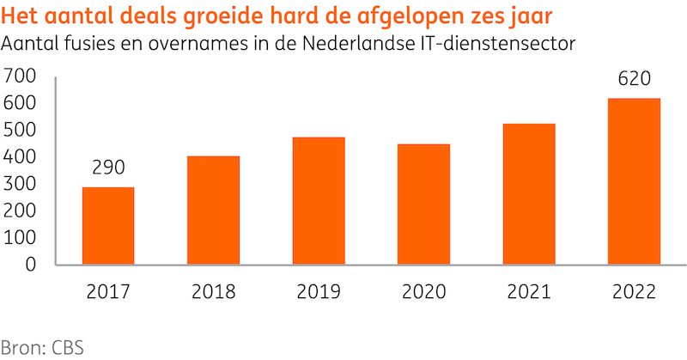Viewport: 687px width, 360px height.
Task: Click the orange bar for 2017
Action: click(x=108, y=225)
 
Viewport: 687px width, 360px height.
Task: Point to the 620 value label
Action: click(x=634, y=80)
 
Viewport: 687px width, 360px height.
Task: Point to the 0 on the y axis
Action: click(x=30, y=265)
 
